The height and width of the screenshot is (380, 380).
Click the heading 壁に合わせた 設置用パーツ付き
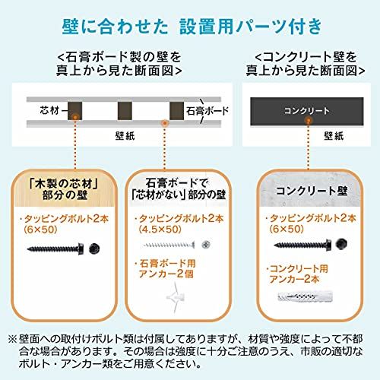coord(190,27)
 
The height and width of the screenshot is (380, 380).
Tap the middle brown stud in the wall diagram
coord(122,112)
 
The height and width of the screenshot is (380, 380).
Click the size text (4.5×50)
coord(159,229)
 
